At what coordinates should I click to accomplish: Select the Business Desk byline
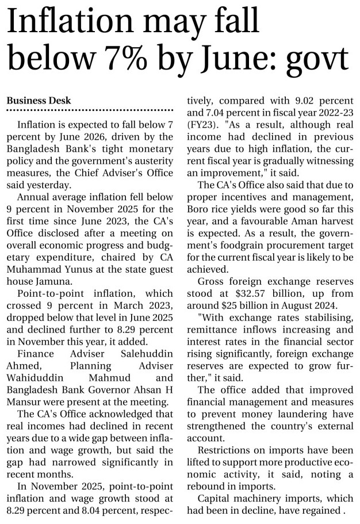point(39,100)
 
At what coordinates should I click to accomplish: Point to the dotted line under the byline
point(90,109)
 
